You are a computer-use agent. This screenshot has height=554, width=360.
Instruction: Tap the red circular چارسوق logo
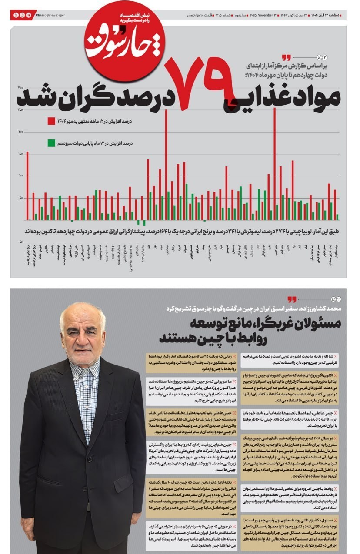125,42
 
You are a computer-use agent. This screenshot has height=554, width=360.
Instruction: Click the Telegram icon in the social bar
29,15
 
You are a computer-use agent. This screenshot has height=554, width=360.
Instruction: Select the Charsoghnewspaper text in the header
50,15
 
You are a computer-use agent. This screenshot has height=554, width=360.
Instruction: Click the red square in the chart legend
51,121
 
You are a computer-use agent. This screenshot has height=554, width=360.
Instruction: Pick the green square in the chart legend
51,143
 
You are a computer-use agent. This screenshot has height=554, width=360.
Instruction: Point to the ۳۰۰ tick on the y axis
20,88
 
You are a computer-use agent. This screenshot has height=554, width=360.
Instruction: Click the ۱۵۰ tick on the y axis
20,154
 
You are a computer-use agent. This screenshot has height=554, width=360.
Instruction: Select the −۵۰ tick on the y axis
20,242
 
